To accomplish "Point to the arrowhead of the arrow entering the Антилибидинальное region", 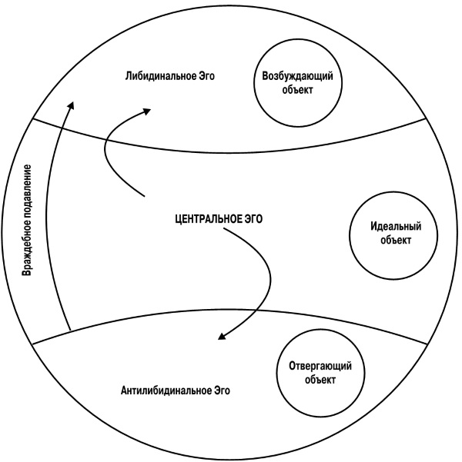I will click(x=223, y=336).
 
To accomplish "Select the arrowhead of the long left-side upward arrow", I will click(x=70, y=106).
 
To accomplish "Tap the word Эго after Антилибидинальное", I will click(x=220, y=390).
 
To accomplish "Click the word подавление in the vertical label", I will click(x=27, y=188).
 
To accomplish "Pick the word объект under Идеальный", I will click(x=391, y=240).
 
